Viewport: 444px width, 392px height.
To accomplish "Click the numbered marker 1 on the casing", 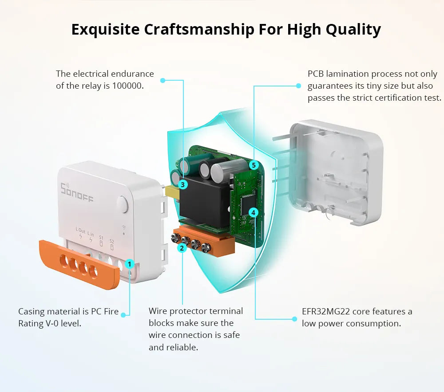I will (x=129, y=264).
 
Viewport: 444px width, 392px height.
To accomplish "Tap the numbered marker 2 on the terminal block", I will (x=182, y=248).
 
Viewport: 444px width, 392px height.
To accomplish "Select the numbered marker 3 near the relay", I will (x=182, y=184).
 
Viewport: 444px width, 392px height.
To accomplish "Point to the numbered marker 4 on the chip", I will (x=253, y=212).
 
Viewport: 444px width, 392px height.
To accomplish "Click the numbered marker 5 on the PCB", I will (x=254, y=165).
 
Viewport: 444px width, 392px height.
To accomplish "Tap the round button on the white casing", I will (x=122, y=204).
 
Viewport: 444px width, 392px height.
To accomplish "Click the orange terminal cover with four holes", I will (x=79, y=264).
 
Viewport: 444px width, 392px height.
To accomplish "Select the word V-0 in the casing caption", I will (x=51, y=323).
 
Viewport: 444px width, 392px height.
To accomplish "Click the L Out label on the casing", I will (x=80, y=231).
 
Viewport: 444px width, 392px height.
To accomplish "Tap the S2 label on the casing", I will (x=111, y=241).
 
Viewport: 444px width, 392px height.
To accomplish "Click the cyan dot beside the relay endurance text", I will (x=163, y=80).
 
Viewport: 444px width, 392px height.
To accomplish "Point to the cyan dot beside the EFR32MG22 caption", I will (x=294, y=318).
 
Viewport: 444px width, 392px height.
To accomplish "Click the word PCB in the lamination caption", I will (x=316, y=74).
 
